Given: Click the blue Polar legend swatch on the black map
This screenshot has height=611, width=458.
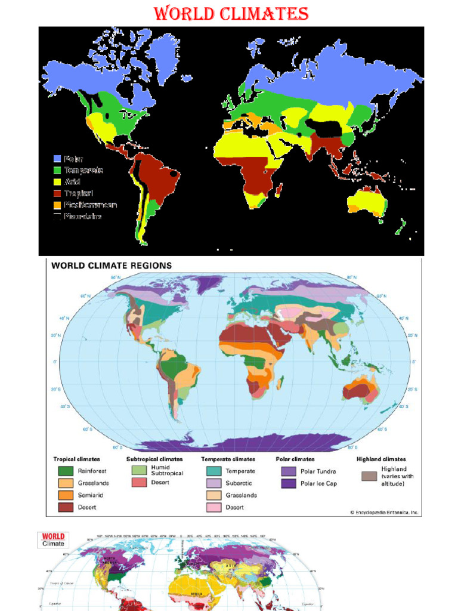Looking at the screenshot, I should pyautogui.click(x=57, y=159).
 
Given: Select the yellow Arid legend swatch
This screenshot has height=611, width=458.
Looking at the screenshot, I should pyautogui.click(x=57, y=181).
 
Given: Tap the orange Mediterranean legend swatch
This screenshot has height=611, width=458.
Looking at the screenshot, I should pyautogui.click(x=57, y=205).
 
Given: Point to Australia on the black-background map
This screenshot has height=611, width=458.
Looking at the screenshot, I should pyautogui.click(x=367, y=200).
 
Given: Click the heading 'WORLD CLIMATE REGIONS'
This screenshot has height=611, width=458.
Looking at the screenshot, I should pyautogui.click(x=112, y=266).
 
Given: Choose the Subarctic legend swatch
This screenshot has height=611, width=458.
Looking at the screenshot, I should pyautogui.click(x=214, y=483).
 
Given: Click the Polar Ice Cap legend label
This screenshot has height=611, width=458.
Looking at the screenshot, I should pyautogui.click(x=318, y=483).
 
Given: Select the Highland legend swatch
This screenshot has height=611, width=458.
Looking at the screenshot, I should pyautogui.click(x=370, y=476).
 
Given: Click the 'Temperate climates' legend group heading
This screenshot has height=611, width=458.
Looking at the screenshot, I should pyautogui.click(x=228, y=459).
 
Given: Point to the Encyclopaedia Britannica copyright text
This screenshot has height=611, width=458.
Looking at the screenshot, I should pyautogui.click(x=384, y=511).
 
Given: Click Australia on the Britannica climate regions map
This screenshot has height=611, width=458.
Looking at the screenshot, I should pyautogui.click(x=360, y=390).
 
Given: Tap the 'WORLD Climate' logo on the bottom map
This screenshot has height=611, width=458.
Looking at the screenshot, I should pyautogui.click(x=54, y=539).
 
